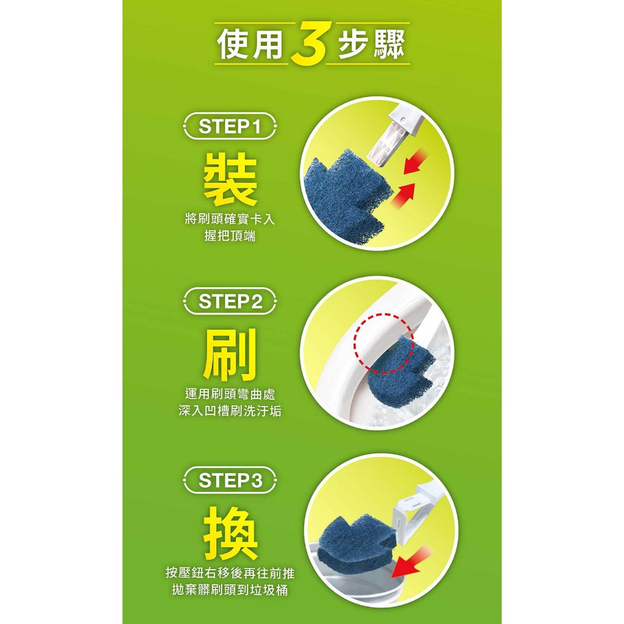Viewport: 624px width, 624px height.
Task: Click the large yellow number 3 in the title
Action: tap(309, 43)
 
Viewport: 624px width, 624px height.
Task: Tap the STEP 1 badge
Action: tap(230, 127)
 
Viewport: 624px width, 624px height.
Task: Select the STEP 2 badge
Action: tap(230, 301)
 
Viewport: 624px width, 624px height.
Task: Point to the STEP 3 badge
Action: tap(230, 480)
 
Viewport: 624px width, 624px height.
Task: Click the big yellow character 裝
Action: tap(230, 180)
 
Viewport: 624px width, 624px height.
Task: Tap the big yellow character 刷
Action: tap(230, 355)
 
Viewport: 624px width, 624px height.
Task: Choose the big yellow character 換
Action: tap(230, 533)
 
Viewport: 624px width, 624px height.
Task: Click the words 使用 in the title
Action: tap(251, 44)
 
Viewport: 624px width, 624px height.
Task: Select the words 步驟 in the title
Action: tap(371, 44)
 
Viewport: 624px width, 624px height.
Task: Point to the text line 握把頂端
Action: tap(230, 236)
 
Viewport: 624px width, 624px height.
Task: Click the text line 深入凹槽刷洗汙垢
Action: tap(230, 411)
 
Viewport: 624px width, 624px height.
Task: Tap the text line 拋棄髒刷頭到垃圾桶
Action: tap(230, 590)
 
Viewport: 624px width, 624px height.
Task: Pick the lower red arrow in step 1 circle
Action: tap(403, 195)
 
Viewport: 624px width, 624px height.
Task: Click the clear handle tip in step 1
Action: tap(386, 141)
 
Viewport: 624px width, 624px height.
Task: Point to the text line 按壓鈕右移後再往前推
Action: tap(230, 573)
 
